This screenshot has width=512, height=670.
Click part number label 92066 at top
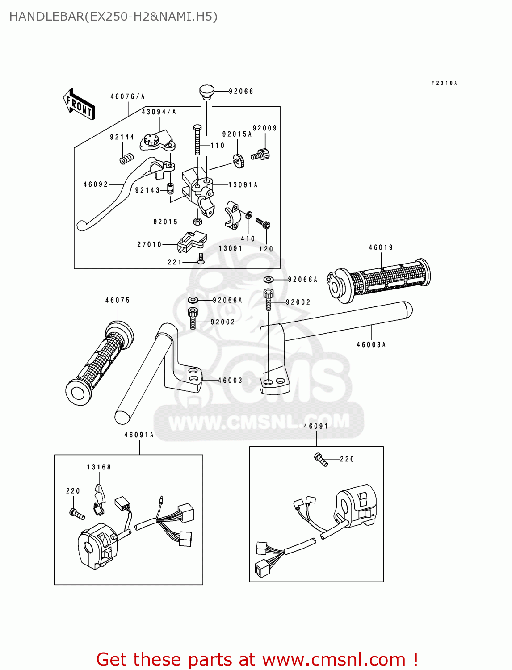click(241, 92)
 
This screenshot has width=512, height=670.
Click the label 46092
click(96, 184)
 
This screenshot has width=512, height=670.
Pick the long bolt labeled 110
click(197, 140)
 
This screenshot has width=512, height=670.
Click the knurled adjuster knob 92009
click(261, 155)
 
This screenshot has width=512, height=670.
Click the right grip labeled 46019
click(380, 279)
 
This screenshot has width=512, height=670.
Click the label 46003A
click(371, 345)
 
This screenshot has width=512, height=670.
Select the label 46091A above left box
click(138, 435)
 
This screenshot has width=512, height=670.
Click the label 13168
click(99, 467)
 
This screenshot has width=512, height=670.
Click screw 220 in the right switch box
click(321, 460)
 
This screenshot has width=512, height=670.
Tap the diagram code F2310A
click(444, 83)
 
